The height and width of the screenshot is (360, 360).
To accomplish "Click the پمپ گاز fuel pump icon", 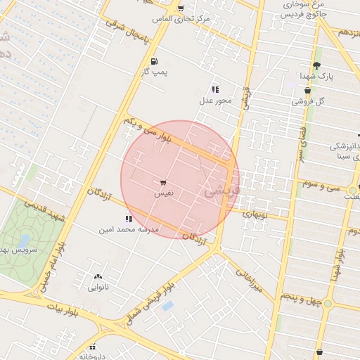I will (x=153, y=61).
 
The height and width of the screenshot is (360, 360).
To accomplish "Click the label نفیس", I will (x=162, y=192).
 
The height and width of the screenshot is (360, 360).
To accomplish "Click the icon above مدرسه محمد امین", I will (x=129, y=219).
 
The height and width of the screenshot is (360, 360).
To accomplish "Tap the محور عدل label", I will (x=215, y=101).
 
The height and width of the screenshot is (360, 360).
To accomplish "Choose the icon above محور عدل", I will (x=214, y=89).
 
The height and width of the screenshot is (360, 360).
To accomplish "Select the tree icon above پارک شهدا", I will (x=316, y=65).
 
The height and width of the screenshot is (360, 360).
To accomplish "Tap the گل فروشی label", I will (x=309, y=101).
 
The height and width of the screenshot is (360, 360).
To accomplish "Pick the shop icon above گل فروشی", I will (x=308, y=90).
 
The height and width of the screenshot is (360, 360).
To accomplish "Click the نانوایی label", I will (x=98, y=287).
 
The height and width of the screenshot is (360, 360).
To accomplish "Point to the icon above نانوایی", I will (x=97, y=276).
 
